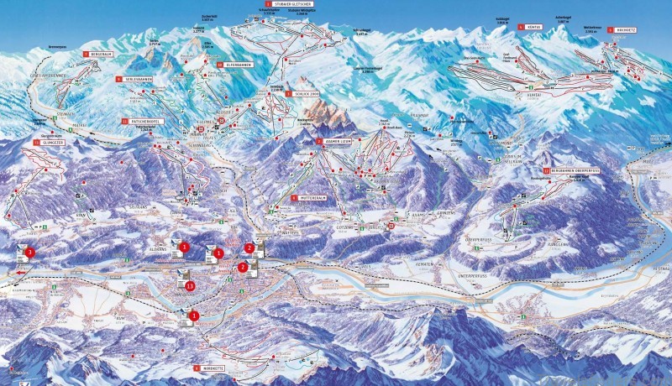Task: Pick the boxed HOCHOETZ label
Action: pos(625,29)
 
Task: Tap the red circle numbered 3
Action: pos(30,252)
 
